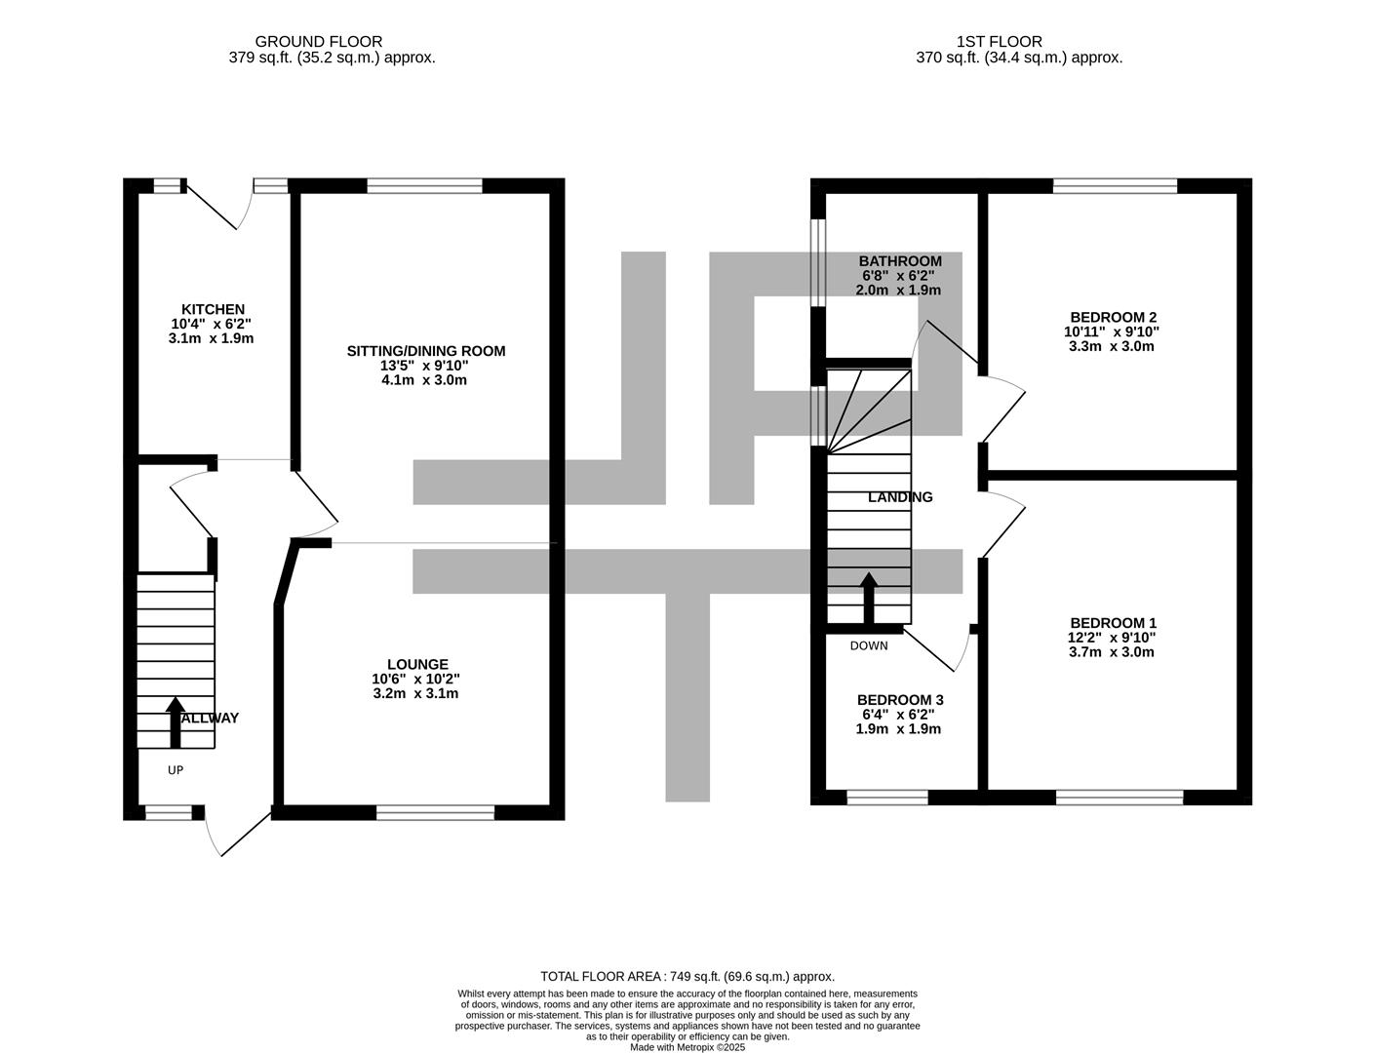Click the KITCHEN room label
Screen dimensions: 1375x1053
tap(213, 309)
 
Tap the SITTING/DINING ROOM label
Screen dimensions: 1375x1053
tap(426, 351)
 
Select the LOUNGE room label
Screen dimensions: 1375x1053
tap(417, 664)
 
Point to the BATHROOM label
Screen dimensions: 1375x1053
tap(900, 261)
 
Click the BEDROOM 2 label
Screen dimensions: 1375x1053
tap(1113, 318)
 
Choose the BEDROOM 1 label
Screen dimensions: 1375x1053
tap(1113, 623)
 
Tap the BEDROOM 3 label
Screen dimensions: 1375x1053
tap(900, 700)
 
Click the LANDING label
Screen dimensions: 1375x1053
tap(900, 497)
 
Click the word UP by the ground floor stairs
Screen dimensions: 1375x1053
tap(176, 770)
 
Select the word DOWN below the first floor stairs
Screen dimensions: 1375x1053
tap(869, 645)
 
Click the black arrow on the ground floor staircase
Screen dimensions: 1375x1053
tap(176, 722)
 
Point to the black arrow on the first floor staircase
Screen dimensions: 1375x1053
tap(869, 599)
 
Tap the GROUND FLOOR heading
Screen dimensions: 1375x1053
tap(318, 42)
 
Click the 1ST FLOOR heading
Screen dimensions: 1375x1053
tap(1000, 42)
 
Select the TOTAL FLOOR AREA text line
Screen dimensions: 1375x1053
tap(687, 977)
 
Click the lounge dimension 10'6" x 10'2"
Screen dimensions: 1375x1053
tap(415, 680)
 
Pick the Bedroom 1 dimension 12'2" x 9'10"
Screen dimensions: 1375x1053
tap(1112, 638)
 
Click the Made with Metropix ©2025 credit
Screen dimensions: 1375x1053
tap(687, 1047)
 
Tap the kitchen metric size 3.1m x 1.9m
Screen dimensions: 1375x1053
tap(211, 338)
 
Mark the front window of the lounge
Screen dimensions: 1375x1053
tap(435, 813)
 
